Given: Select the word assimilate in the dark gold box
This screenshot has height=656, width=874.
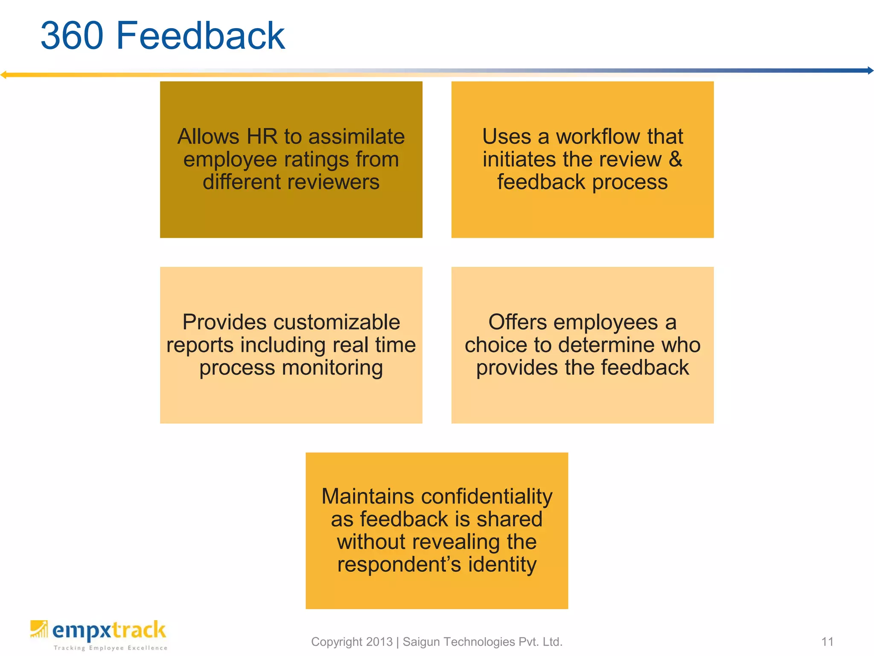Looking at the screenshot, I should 356,137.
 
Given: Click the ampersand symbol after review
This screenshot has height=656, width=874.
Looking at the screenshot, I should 675,159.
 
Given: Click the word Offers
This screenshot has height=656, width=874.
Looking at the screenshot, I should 517,322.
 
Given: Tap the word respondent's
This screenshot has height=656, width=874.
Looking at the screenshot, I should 399,565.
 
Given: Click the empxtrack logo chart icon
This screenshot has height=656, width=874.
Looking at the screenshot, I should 39,629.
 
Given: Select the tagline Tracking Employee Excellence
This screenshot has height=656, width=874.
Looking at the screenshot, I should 111,648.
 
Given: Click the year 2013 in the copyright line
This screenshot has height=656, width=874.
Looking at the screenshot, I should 379,641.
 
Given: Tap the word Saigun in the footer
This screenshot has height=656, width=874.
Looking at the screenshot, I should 422,641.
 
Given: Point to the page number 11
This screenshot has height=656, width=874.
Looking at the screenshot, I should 827,641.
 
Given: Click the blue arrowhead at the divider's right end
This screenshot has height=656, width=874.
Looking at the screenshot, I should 870,70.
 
